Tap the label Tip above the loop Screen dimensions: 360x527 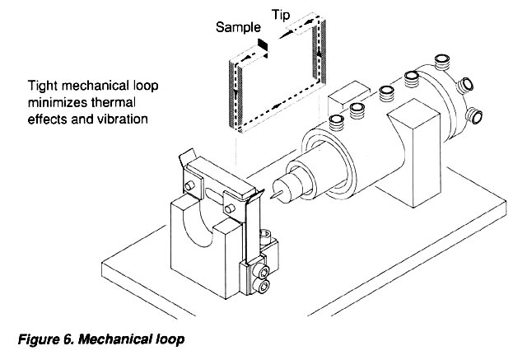(281, 15)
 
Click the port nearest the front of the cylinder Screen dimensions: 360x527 (337, 123)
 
